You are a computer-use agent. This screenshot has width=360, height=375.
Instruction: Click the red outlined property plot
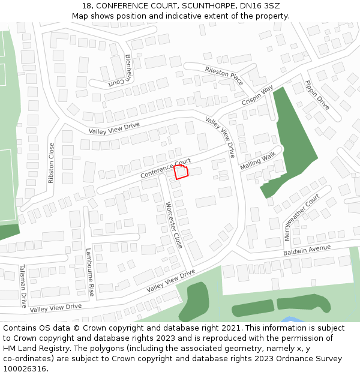pos(181,172)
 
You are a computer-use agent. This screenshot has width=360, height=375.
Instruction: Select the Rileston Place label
pos(224,76)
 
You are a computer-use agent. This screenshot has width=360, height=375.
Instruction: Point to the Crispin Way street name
pos(257,95)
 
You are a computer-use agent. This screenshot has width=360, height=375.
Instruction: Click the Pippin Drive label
pos(317,95)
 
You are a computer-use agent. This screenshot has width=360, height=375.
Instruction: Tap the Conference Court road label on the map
pos(165,168)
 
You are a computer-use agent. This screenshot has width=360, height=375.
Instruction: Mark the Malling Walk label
pos(257,161)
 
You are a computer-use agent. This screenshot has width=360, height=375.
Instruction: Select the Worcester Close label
pos(173,225)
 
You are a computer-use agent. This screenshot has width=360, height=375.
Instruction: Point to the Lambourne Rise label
pos(91,272)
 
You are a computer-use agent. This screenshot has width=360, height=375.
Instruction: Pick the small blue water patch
pos(290,320)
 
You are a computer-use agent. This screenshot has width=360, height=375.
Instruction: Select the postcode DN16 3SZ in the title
pos(260,6)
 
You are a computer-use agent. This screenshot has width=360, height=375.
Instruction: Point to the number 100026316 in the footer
pos(24,369)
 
